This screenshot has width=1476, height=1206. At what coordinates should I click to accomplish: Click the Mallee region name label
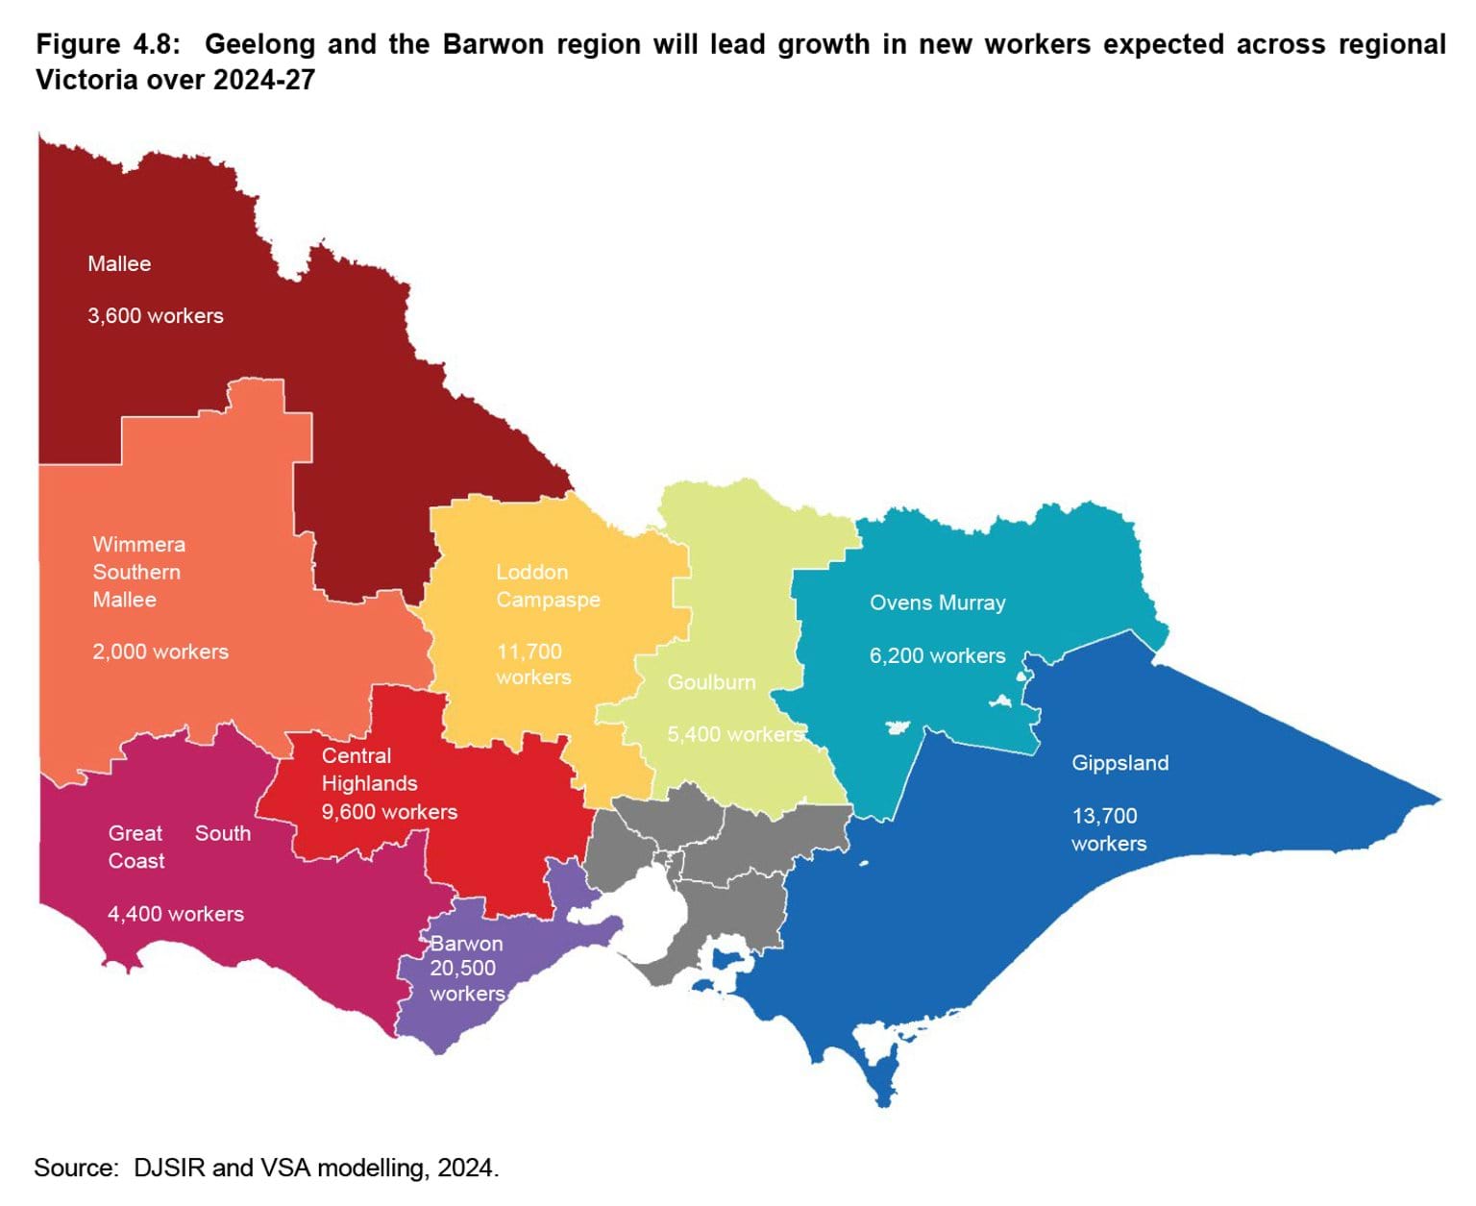[119, 263]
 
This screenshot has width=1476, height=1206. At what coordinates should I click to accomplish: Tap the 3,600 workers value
[155, 315]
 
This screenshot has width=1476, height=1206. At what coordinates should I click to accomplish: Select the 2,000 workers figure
[160, 652]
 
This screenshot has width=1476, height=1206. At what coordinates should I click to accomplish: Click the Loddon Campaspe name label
[548, 585]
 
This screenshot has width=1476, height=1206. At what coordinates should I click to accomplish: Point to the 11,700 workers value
[532, 664]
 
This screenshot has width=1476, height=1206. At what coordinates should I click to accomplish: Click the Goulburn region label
[711, 682]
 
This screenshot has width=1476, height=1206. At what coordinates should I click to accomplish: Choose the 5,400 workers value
[735, 734]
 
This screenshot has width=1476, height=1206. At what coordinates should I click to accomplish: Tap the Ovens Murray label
[937, 603]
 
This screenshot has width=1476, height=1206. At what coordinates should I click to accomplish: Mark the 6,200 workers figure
[937, 655]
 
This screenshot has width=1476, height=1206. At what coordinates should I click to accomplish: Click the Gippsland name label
[1119, 763]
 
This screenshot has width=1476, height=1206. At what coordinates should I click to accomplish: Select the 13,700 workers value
[1108, 829]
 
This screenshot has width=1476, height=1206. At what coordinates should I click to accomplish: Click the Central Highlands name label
[369, 770]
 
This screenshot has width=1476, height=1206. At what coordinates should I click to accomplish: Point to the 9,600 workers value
[389, 812]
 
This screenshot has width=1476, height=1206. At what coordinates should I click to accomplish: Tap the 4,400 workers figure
[175, 914]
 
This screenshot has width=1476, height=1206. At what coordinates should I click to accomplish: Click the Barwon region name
[466, 944]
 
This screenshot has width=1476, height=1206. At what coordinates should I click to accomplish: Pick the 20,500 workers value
[466, 980]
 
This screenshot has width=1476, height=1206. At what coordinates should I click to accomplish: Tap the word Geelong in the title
[259, 44]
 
